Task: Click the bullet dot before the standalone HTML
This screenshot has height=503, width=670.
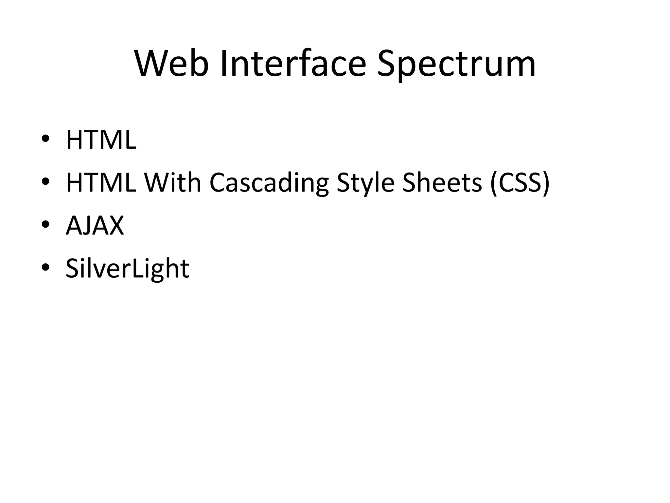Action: [45, 139]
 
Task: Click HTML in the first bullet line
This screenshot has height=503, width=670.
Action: [101, 140]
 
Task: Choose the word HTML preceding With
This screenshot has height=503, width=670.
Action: [101, 183]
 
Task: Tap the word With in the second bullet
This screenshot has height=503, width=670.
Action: [172, 183]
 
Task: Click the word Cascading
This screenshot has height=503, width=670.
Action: [269, 183]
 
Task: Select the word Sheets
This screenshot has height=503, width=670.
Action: [442, 183]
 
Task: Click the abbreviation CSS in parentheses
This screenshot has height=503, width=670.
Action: [520, 183]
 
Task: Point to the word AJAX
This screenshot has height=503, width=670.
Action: [95, 226]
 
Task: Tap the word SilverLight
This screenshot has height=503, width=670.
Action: [127, 269]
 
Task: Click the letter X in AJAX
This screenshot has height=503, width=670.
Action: [115, 226]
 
